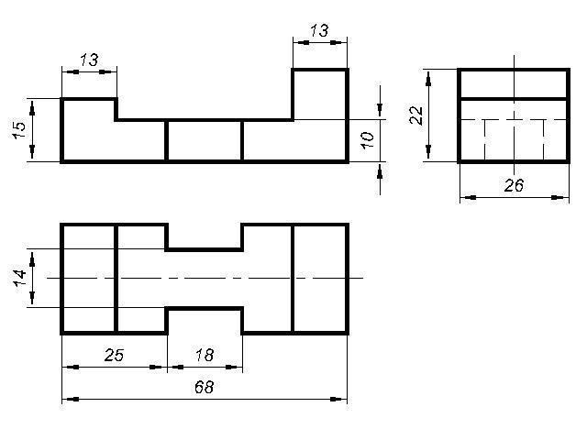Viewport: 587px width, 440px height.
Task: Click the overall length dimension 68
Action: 204,388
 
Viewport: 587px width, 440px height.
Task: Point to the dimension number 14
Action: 20,278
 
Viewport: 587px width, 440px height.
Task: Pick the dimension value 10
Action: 367,139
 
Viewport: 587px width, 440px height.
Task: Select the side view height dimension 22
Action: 415,115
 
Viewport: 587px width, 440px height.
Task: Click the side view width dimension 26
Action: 514,185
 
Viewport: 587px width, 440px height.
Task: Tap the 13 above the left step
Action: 89,60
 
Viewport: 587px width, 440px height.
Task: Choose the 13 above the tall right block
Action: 319,30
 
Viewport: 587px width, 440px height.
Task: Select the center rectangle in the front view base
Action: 204,140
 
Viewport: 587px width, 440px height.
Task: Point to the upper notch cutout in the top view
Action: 204,236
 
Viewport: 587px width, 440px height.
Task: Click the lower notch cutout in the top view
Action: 204,321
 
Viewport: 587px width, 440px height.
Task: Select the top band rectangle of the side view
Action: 514,83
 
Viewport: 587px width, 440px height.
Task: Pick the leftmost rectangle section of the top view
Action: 88,278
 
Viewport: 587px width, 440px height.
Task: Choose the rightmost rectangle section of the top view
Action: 320,278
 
